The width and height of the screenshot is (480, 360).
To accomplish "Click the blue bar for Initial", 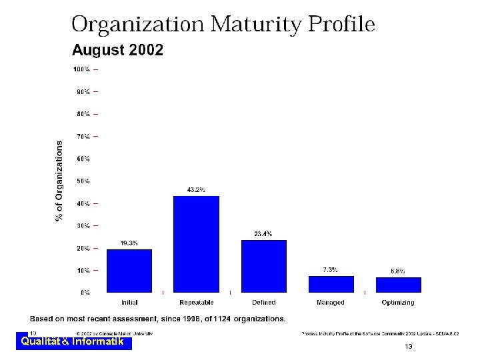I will coord(129,271).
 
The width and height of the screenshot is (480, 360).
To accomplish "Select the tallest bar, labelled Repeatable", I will coord(196,244).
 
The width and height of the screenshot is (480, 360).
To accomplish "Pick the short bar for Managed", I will coord(331,284).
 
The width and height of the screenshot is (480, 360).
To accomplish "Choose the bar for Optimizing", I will coord(398,285).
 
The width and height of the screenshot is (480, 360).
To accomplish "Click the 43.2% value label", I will coord(195,190).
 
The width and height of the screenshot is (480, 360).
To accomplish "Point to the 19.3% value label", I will coord(129,243).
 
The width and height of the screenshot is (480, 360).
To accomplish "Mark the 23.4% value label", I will coord(263,234).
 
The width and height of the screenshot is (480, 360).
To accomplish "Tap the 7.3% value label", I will coord(330,270).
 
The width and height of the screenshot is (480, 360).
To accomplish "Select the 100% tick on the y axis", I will coord(82,69).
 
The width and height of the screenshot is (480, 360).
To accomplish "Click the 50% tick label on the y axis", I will coord(83,181).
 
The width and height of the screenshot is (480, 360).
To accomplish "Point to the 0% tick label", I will coord(85,293).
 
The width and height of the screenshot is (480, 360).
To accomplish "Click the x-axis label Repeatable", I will coord(196,303).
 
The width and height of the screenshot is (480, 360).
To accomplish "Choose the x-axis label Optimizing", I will coord(398,303).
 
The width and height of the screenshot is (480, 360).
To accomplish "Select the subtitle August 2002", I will coord(117,51).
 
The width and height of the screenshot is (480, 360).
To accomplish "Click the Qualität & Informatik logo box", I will coord(73,342).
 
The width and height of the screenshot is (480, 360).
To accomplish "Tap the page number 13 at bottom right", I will coord(409,347).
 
